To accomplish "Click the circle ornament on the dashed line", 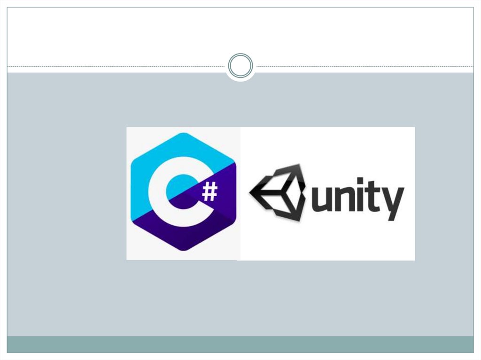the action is coord(240,65).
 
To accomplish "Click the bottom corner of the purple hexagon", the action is coord(183,250).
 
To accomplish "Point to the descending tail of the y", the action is coord(391,217).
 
